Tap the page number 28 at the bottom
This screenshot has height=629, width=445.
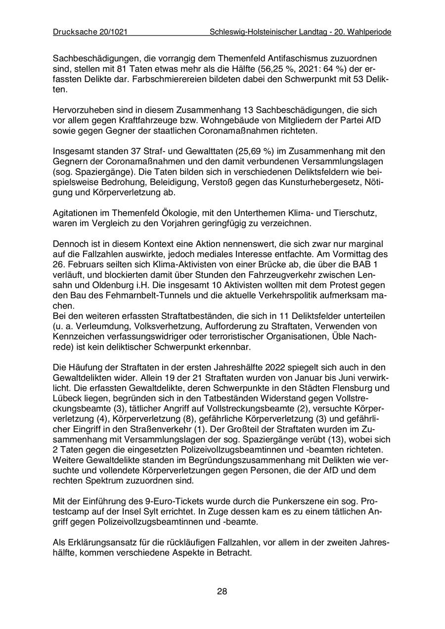click(x=222, y=591)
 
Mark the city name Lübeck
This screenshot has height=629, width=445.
click(x=67, y=399)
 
